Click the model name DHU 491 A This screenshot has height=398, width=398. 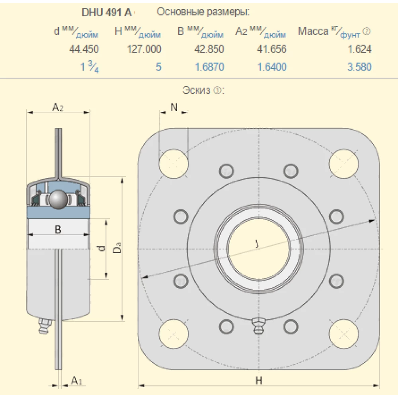(x=106, y=12)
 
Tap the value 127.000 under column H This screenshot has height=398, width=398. (x=144, y=49)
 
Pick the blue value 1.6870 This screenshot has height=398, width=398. (x=209, y=67)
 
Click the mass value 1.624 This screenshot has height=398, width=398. (x=359, y=49)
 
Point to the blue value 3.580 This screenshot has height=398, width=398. (x=359, y=67)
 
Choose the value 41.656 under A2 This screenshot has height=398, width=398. (x=272, y=49)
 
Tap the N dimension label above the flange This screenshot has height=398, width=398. (x=174, y=107)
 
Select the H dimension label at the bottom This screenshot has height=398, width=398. (x=259, y=381)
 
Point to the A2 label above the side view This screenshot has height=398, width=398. (x=58, y=107)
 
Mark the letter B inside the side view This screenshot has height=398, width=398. (x=58, y=229)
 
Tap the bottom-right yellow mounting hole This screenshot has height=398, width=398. (x=343, y=333)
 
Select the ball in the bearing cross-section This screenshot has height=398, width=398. (x=58, y=199)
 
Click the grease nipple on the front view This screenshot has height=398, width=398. (x=259, y=326)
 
